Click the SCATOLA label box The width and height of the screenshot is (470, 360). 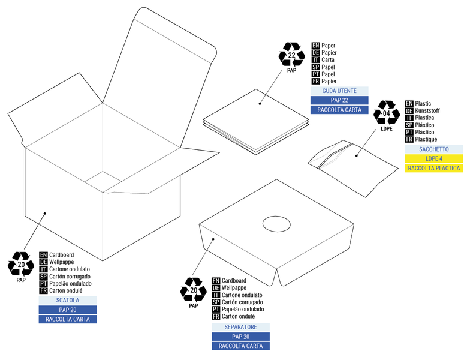pos(67,300)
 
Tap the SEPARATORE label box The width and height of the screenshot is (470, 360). pos(240,327)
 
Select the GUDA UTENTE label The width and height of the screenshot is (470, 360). pos(339,91)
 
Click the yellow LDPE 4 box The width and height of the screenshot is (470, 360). pos(433,158)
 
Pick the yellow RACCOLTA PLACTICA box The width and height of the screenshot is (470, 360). pos(433,169)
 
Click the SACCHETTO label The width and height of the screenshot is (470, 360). pos(433,149)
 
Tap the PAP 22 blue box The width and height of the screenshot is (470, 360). pos(339,100)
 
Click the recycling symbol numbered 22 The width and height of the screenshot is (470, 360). pos(292,55)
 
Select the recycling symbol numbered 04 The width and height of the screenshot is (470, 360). pos(386,113)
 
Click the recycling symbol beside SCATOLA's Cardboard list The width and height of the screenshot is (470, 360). pos(21,265)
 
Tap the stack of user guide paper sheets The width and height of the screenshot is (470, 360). pos(257,121)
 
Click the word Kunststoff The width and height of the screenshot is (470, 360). pos(427,111)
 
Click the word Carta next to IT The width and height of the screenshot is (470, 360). pos(328,60)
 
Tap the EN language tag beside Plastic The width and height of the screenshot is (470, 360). pos(409,104)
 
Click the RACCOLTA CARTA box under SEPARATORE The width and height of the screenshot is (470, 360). pos(240,346)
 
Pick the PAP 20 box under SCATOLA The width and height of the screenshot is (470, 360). pos(67,310)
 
